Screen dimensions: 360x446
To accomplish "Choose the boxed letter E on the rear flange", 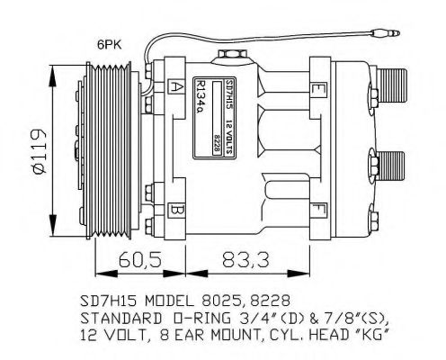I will click(319, 87).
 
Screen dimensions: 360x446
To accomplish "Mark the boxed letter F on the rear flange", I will click(319, 211).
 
